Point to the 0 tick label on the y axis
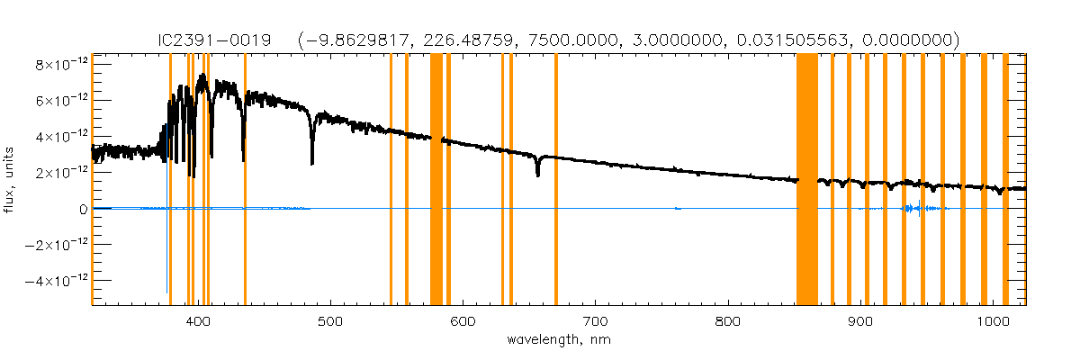coord(83,209)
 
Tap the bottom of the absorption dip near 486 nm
coord(312,163)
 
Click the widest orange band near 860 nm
coord(806,180)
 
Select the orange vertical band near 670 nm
coord(556,180)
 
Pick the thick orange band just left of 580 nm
coord(436,180)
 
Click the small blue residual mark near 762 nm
coord(678,209)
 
